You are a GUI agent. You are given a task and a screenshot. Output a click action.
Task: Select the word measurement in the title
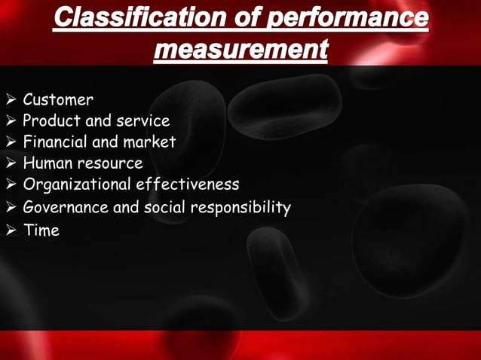tap(240, 50)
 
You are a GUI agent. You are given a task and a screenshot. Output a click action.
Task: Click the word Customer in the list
tap(58, 99)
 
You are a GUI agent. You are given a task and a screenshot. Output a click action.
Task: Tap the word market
tap(150, 142)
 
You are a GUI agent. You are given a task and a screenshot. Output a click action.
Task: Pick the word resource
tap(109, 163)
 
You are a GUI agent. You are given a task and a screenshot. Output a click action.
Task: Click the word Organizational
tap(77, 184)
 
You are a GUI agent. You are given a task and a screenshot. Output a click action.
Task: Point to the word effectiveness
tap(187, 184)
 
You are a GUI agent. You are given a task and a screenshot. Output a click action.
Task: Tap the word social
tap(165, 207)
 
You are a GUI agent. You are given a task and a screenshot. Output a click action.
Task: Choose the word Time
tap(41, 230)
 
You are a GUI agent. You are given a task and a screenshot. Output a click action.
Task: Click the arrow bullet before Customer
tap(11, 100)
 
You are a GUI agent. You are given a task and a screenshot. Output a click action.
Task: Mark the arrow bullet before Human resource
tap(11, 163)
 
